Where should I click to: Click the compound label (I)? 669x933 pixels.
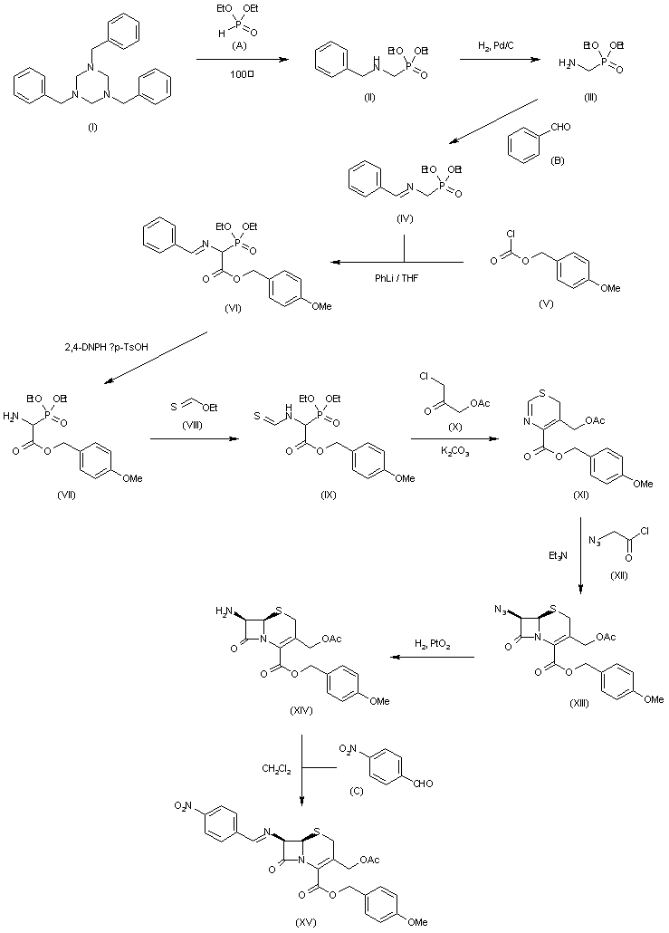[92, 129]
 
